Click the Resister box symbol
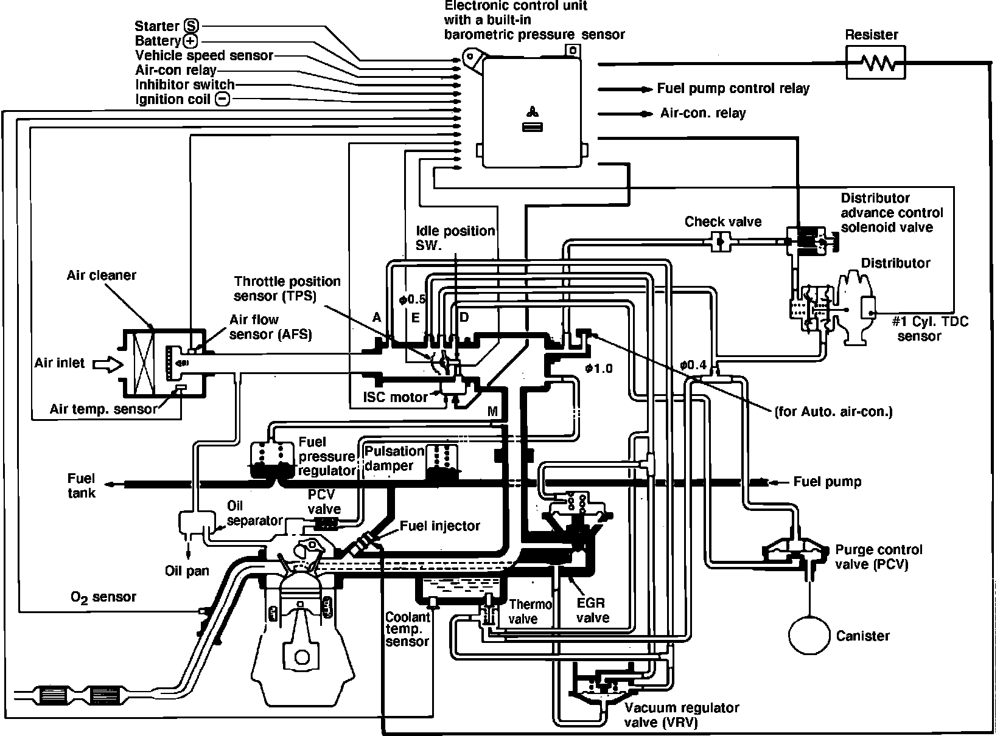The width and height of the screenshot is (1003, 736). click(x=875, y=63)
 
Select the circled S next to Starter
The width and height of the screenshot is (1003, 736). click(x=191, y=26)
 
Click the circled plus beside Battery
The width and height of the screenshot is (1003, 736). click(x=190, y=41)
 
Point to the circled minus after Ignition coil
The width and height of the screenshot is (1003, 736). click(x=223, y=99)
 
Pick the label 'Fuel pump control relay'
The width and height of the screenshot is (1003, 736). click(x=733, y=89)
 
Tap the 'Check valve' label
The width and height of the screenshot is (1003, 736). click(x=722, y=221)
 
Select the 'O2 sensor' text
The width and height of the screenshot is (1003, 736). click(x=103, y=597)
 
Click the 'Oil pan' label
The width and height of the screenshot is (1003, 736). click(x=187, y=571)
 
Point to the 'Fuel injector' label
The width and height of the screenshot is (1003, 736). click(x=440, y=526)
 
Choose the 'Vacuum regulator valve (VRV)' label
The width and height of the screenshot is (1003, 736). click(x=682, y=715)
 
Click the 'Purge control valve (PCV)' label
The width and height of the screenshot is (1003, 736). click(x=878, y=557)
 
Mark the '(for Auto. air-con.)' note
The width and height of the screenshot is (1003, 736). click(x=833, y=412)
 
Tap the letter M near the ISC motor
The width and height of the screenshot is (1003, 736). click(x=493, y=412)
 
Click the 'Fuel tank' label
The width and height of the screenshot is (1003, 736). click(x=82, y=485)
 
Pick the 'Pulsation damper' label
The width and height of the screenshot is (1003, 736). click(x=394, y=459)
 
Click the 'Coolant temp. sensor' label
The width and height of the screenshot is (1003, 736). click(x=408, y=629)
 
